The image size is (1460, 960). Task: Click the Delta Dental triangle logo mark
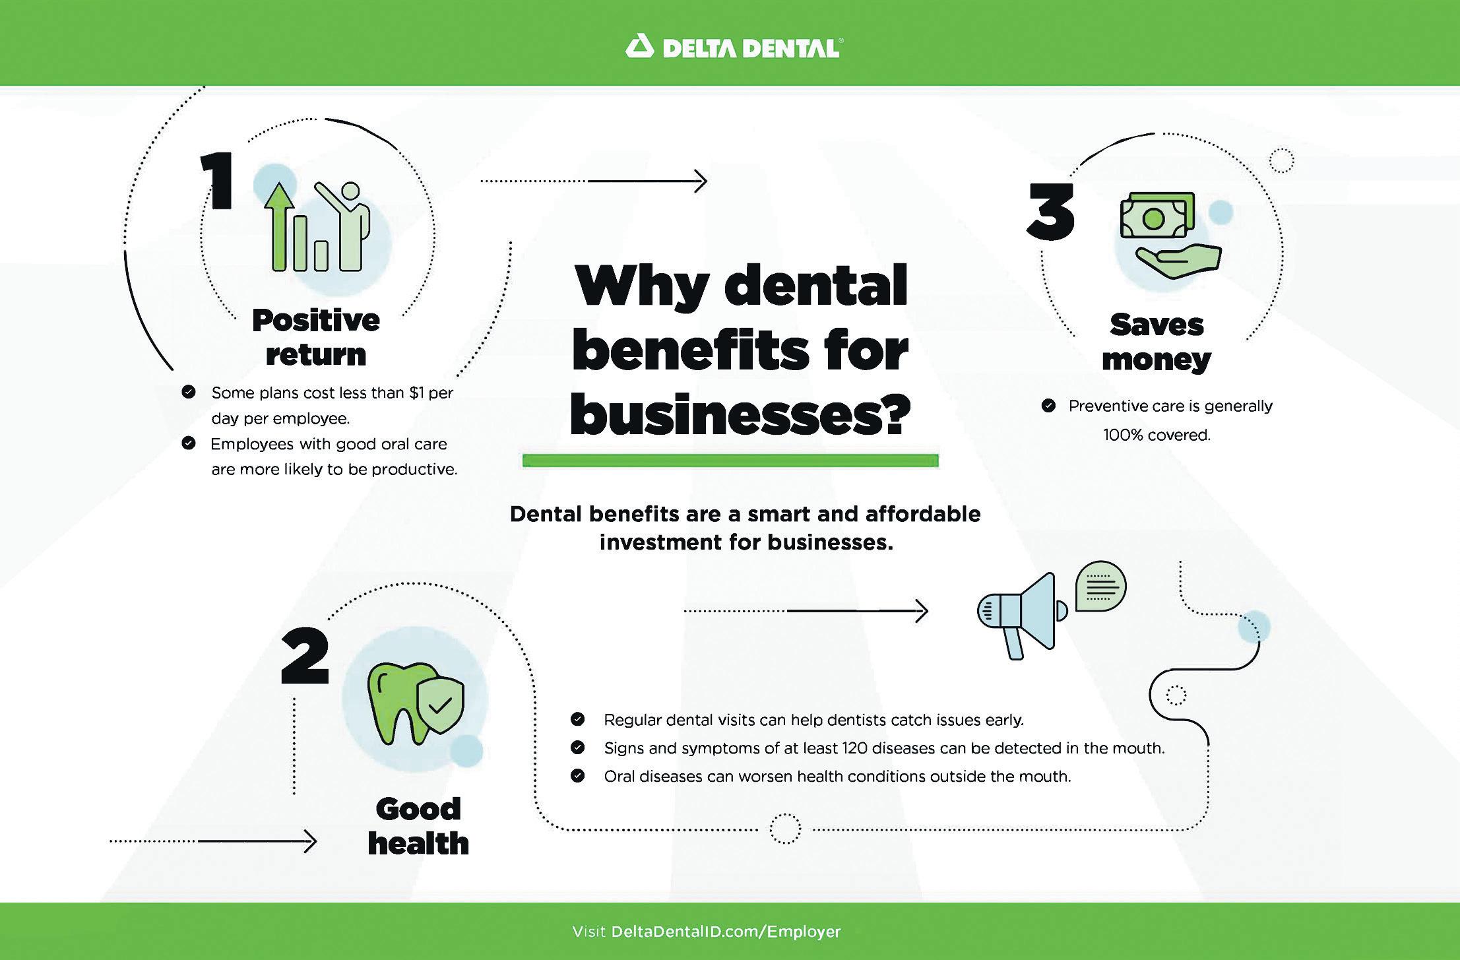click(639, 48)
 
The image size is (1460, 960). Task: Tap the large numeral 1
click(217, 180)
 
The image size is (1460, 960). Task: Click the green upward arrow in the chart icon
click(280, 224)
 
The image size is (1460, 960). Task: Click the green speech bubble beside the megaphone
click(1100, 586)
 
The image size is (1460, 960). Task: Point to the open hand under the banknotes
click(1178, 260)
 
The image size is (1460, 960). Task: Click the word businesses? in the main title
click(740, 415)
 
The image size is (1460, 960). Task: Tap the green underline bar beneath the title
click(730, 461)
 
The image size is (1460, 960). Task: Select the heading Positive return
click(316, 337)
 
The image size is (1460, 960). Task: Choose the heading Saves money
click(1157, 342)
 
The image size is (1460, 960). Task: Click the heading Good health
click(418, 826)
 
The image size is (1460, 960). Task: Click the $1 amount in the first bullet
click(416, 393)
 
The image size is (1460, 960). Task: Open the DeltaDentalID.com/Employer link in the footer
click(726, 932)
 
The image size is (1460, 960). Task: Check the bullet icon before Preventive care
click(1048, 406)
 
